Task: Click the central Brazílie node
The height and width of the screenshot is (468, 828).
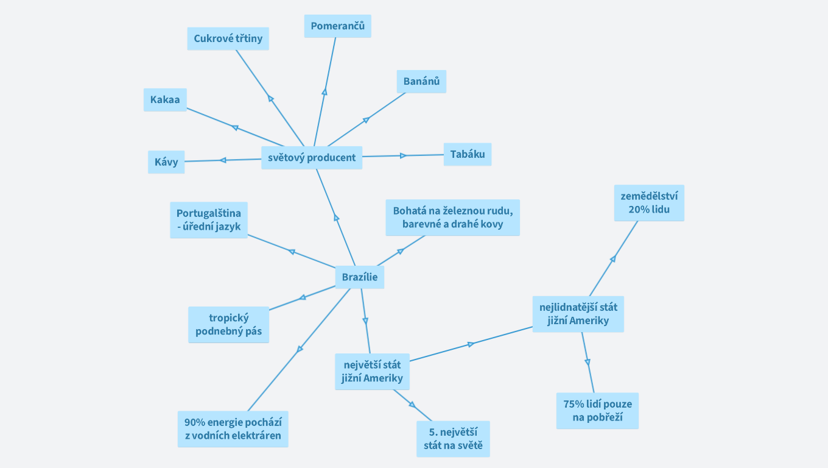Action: [x=359, y=277]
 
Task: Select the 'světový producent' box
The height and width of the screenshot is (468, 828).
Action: [x=312, y=157]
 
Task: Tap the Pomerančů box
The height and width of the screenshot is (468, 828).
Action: [x=337, y=26]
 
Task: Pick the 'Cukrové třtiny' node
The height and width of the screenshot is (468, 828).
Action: [x=228, y=38]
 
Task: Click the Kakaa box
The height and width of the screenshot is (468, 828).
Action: [x=165, y=99]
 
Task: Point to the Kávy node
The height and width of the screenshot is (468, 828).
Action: [x=166, y=161]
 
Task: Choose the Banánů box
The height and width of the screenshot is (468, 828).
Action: [x=421, y=81]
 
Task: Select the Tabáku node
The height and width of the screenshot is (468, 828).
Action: [x=468, y=154]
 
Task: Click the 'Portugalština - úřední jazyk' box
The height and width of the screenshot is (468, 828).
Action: [x=209, y=220]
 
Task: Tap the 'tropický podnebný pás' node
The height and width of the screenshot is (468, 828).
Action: [x=228, y=324]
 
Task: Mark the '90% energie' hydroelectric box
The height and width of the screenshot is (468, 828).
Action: [x=233, y=429]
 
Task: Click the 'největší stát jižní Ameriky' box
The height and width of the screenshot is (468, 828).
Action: [x=372, y=372]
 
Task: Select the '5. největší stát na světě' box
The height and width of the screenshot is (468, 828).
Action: [x=453, y=439]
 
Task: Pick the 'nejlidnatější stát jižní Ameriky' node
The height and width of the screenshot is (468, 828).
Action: [x=578, y=314]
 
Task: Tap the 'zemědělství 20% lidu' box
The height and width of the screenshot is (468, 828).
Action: [x=648, y=202]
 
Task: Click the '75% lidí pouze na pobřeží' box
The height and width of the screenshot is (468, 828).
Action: [x=597, y=410]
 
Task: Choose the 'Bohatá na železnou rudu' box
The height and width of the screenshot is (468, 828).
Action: [x=452, y=217]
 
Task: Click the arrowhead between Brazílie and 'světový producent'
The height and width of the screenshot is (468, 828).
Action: [x=336, y=218]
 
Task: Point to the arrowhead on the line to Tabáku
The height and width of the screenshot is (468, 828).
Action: [x=403, y=155]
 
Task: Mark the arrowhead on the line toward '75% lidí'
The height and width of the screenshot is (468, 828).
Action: [x=588, y=362]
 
